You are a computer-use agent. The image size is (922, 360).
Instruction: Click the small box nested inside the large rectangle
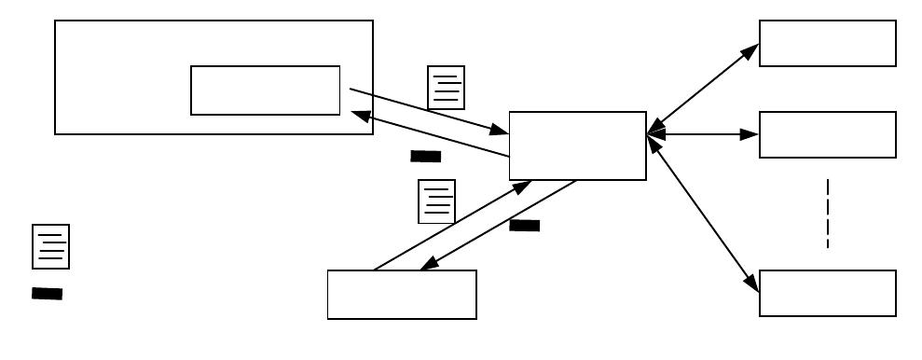265,90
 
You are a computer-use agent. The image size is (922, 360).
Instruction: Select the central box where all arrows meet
577,145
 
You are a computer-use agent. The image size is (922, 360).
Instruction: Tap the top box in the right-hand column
827,44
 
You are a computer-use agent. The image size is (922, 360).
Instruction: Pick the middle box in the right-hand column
827,135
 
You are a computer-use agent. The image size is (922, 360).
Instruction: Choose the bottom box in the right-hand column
827,294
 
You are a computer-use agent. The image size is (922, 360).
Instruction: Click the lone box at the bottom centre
402,295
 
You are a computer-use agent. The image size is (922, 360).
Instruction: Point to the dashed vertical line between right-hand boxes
827,214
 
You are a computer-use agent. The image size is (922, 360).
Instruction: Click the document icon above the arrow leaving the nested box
446,88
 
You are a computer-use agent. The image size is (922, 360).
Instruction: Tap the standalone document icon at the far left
50,247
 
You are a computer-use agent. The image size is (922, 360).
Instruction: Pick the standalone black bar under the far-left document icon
47,294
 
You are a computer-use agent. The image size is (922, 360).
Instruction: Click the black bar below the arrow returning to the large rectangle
425,157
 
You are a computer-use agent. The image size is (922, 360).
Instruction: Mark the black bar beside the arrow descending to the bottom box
525,225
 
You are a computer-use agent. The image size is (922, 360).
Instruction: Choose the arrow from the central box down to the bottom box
499,225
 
